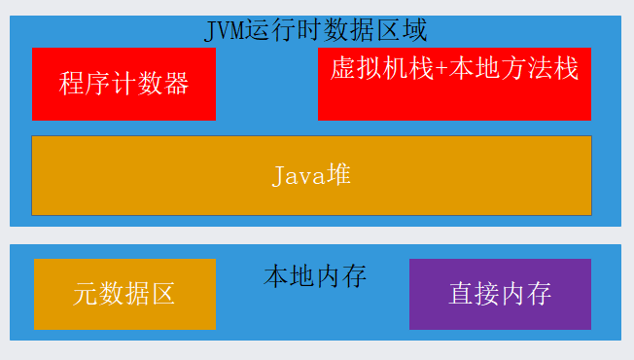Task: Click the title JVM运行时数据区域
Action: click(315, 30)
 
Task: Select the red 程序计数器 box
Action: click(123, 84)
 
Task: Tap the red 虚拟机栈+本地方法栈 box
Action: click(454, 84)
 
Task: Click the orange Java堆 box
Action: click(311, 175)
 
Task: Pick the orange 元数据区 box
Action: click(124, 294)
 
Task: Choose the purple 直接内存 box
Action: click(500, 294)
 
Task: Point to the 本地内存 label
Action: click(315, 276)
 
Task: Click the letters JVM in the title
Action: click(225, 31)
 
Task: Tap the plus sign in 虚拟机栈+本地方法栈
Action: click(441, 69)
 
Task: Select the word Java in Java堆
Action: click(299, 176)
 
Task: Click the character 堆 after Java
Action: click(338, 175)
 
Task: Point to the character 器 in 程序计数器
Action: click(176, 84)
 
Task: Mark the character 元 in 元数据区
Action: click(86, 294)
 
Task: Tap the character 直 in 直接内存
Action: click(461, 294)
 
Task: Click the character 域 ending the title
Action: click(415, 30)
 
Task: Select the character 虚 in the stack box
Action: click(343, 68)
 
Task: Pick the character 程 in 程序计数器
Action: click(72, 84)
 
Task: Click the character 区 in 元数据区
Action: click(163, 294)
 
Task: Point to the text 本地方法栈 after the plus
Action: click(513, 68)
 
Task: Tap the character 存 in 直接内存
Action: click(539, 294)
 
